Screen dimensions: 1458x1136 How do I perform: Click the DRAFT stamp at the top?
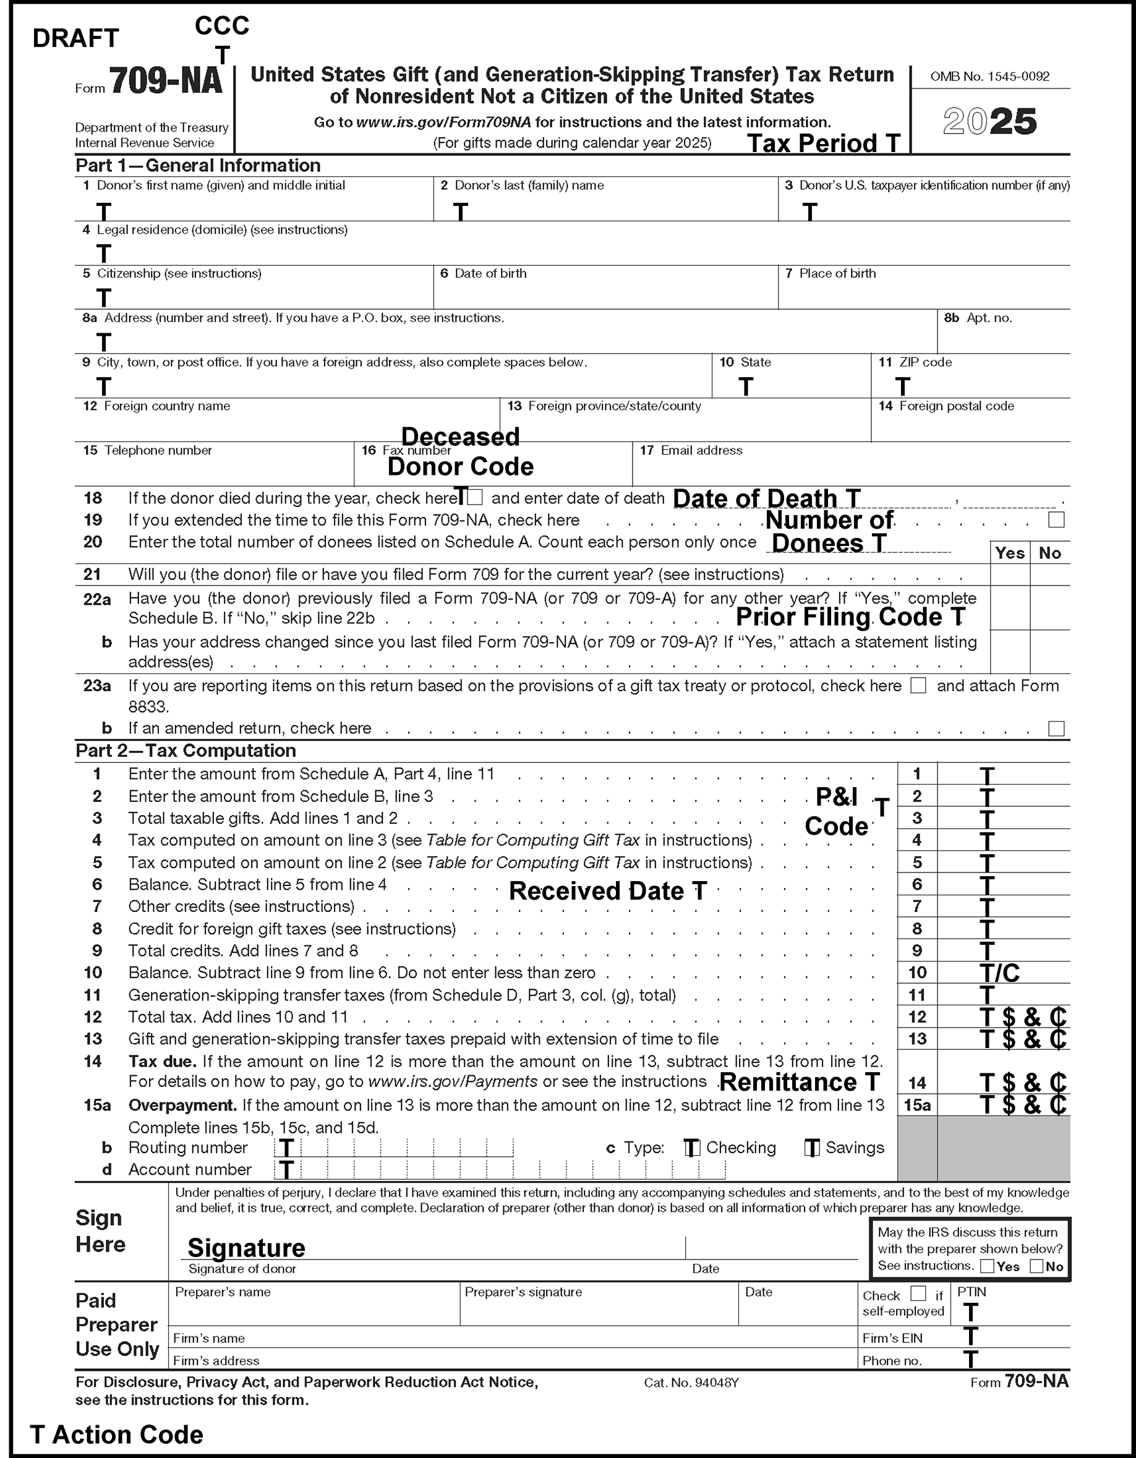coord(75,39)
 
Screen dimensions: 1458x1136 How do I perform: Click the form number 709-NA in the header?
coord(165,82)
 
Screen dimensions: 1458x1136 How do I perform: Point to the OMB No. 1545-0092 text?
coord(989,77)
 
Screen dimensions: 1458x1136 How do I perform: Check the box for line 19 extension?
coord(1056,520)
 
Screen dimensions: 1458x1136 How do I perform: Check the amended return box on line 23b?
coord(1056,728)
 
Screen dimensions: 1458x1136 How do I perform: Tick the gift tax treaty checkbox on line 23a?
coord(918,686)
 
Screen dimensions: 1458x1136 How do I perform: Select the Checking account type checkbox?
coord(692,1148)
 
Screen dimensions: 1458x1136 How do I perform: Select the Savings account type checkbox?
coord(812,1148)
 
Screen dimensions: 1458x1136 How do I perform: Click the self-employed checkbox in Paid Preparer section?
coord(918,1294)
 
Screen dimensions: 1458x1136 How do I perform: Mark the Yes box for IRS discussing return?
coord(987,1266)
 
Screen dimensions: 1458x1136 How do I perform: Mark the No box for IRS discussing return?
coord(1036,1266)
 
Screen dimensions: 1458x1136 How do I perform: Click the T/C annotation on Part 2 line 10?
coord(999,973)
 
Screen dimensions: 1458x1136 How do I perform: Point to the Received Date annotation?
coord(607,891)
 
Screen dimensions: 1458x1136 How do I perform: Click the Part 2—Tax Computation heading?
coord(186,751)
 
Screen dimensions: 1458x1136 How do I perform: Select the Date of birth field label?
coord(490,274)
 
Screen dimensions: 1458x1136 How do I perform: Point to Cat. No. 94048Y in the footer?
coord(691,1383)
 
